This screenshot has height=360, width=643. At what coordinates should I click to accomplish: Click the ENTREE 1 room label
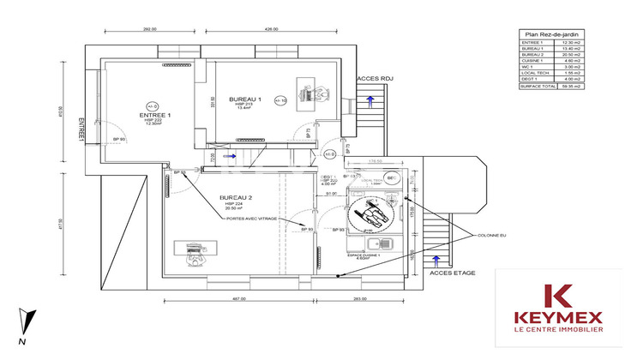(156, 114)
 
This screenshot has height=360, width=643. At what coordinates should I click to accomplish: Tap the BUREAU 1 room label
(244, 99)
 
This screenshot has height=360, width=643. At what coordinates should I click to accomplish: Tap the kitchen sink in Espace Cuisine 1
(386, 244)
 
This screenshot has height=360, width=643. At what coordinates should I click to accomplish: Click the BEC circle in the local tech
(391, 178)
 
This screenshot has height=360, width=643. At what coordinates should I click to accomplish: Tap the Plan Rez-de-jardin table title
(551, 34)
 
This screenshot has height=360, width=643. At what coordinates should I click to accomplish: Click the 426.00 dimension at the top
(272, 29)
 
